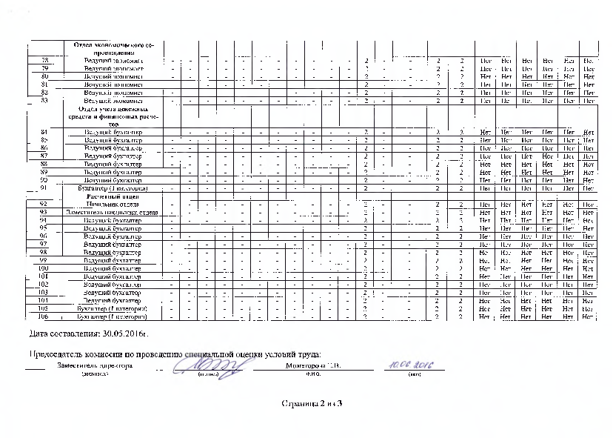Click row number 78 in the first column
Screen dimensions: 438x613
(x=45, y=60)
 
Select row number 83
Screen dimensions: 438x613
(x=45, y=101)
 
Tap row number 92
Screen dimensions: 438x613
(x=45, y=204)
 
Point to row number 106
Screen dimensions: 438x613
(x=45, y=316)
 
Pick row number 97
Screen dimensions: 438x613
(x=45, y=244)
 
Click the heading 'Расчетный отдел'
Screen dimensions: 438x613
(x=113, y=196)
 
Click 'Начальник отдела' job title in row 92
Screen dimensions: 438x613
(x=113, y=204)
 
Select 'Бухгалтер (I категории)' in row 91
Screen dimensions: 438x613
(x=113, y=188)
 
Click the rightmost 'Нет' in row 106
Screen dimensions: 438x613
(x=589, y=316)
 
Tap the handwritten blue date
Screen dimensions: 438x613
(x=409, y=365)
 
